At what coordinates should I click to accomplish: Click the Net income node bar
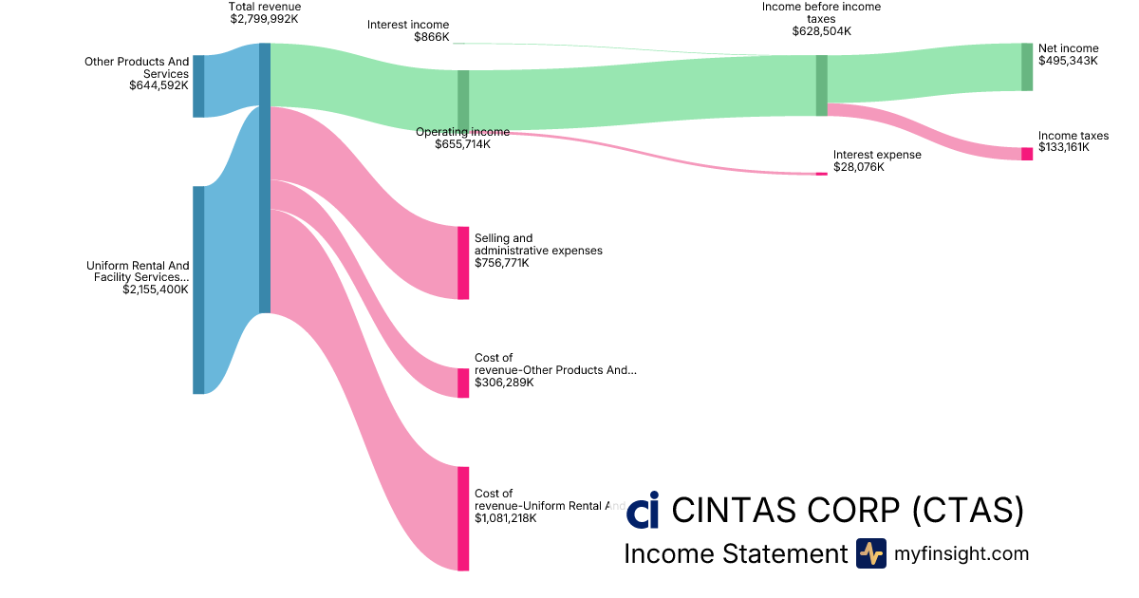(x=1027, y=66)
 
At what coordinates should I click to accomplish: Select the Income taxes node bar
(x=1027, y=154)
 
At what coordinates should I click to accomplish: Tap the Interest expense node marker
(x=821, y=174)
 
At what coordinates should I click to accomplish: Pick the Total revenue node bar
(x=265, y=178)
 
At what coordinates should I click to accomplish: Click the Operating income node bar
(x=463, y=100)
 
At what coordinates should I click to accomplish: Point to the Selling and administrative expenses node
(x=463, y=263)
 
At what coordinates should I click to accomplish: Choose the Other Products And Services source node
(x=198, y=86)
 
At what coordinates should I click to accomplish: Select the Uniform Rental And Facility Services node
(x=198, y=290)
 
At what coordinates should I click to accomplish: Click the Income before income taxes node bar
(x=821, y=85)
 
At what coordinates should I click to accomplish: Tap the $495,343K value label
(x=1068, y=61)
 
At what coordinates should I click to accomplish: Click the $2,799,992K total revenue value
(x=265, y=18)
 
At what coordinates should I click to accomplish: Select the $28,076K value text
(x=858, y=167)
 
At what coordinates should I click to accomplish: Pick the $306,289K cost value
(x=504, y=383)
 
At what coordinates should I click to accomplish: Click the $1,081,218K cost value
(x=506, y=518)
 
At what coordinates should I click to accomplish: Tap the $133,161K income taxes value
(x=1064, y=148)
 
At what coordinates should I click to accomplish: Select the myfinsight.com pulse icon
(x=870, y=553)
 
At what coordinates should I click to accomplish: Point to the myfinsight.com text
(x=962, y=553)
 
